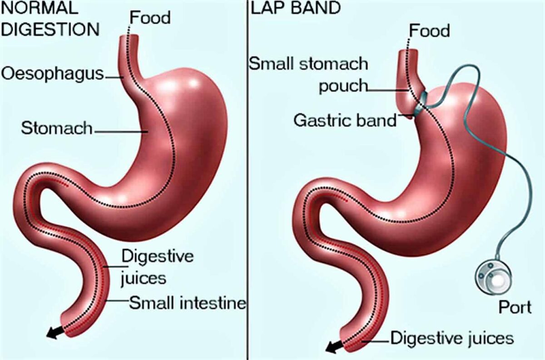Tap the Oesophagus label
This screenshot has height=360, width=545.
(x=52, y=74)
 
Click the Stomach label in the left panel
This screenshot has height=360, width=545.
(x=56, y=129)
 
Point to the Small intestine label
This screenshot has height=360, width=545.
(x=187, y=302)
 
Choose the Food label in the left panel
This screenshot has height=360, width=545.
(x=150, y=18)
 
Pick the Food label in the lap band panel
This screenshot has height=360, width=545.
(x=429, y=30)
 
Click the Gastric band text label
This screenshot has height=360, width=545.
(x=345, y=120)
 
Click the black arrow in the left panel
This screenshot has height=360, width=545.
(x=54, y=333)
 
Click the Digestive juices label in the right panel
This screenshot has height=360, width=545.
(x=452, y=338)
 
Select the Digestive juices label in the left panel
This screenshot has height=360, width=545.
(x=157, y=267)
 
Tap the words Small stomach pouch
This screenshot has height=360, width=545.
(x=308, y=74)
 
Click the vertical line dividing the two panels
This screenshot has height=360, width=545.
(x=248, y=182)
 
